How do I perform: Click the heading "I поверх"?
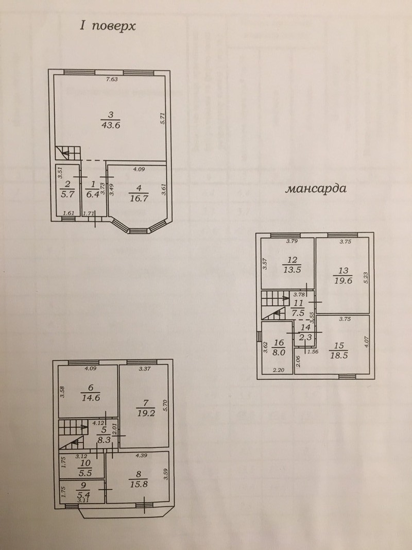[108, 26]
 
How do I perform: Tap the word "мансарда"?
[316, 189]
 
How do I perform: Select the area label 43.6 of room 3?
[110, 125]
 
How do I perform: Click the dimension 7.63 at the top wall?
[112, 79]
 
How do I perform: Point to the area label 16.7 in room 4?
[139, 198]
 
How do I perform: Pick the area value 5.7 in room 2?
[67, 194]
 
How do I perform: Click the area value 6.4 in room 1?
[93, 194]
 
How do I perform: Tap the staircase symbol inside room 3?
[68, 153]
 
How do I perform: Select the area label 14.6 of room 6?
[91, 398]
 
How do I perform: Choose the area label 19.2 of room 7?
[145, 413]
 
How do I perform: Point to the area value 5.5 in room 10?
[86, 473]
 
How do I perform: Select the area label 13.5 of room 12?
[292, 270]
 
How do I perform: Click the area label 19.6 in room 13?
[343, 280]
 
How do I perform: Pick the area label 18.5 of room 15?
[339, 356]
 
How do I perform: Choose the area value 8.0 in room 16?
[279, 353]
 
